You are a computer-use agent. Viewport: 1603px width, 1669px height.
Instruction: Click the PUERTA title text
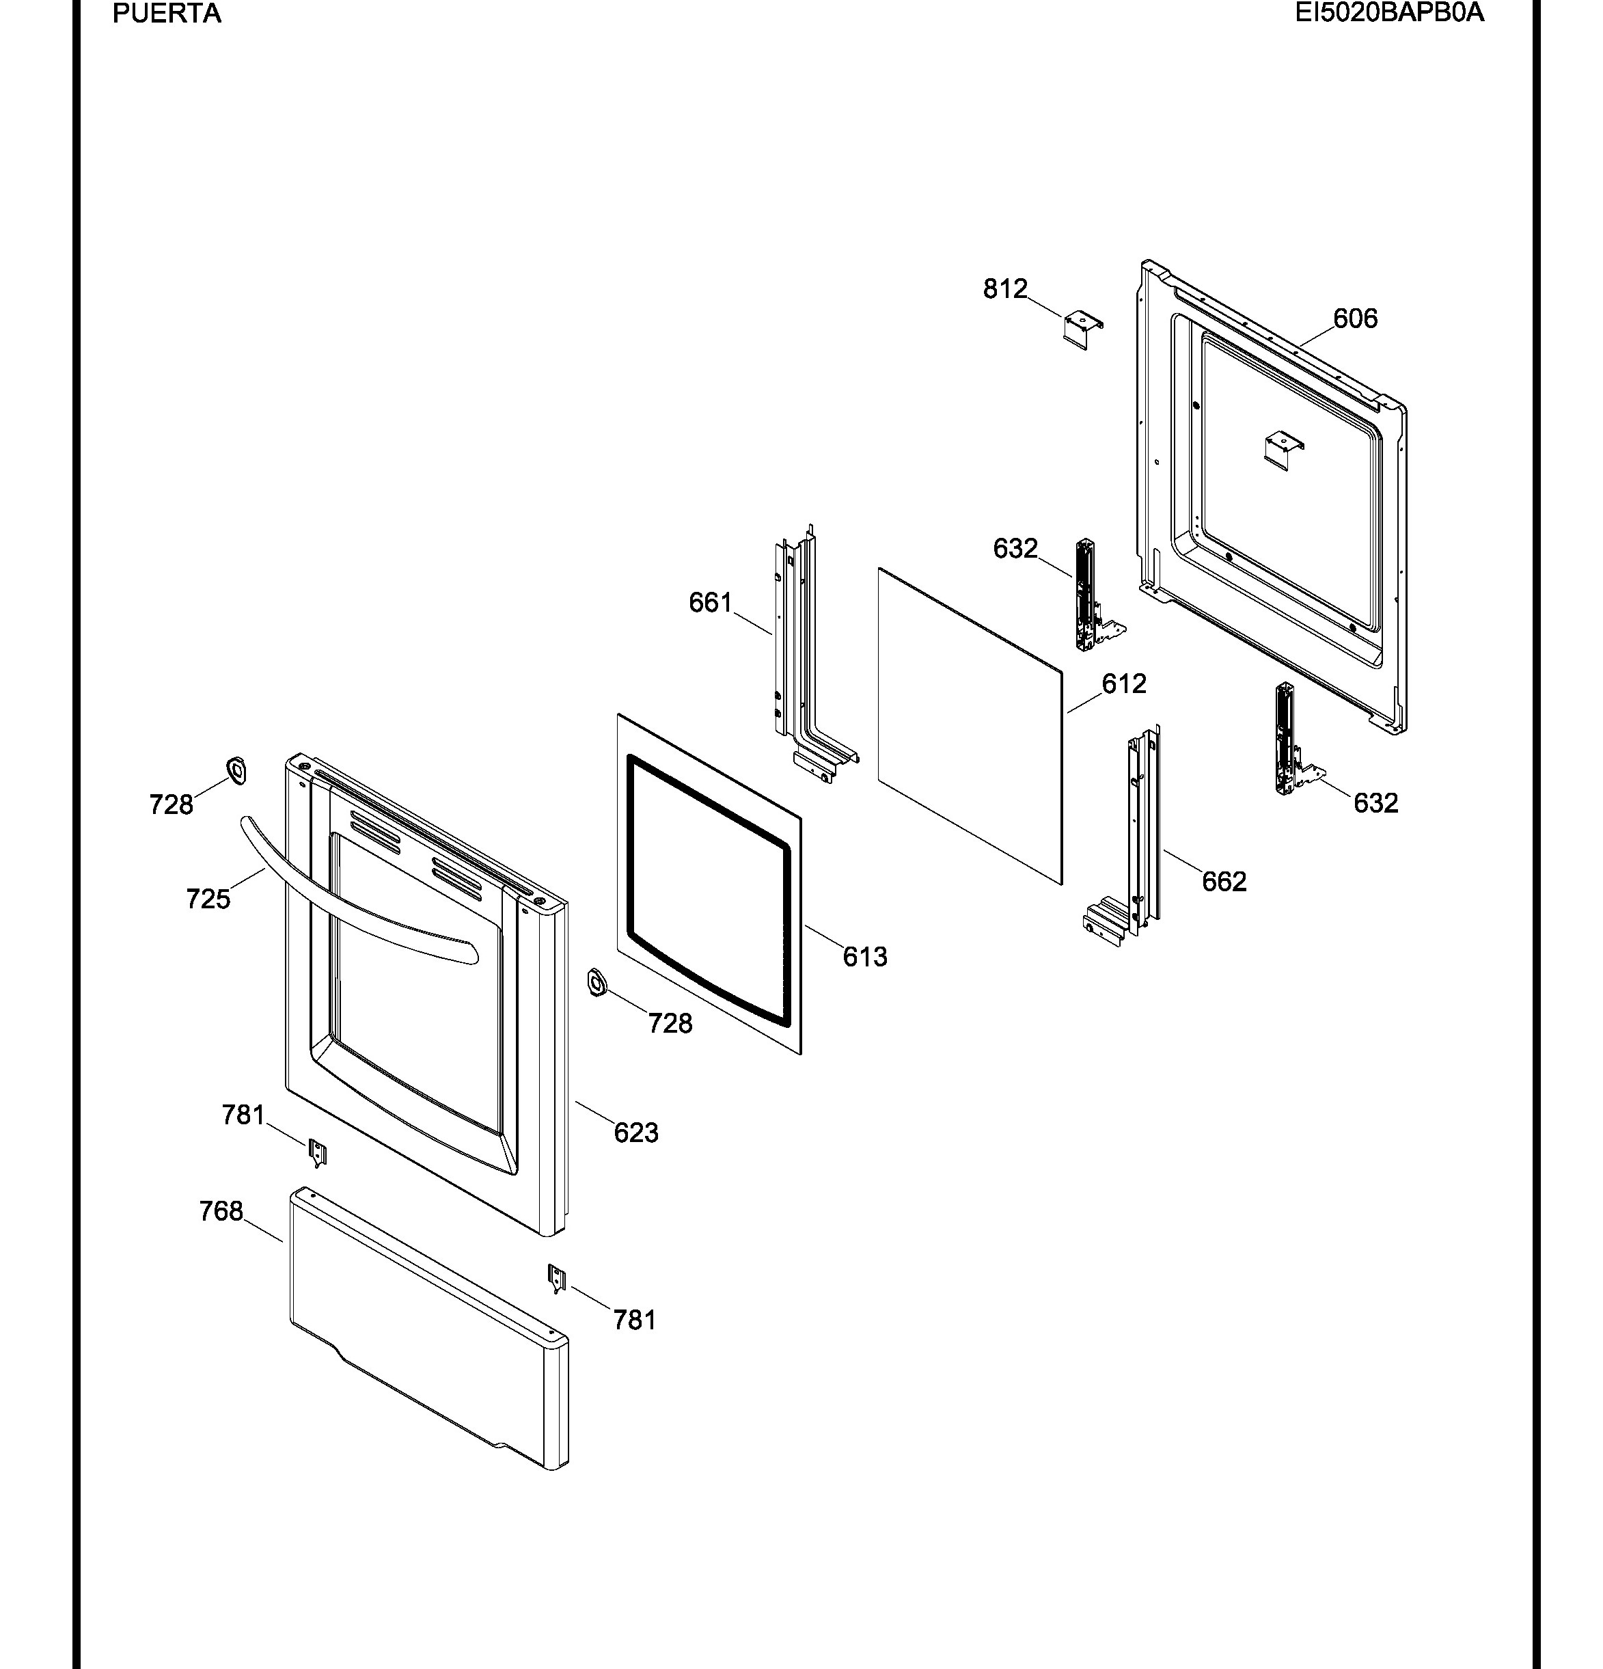[x=167, y=14]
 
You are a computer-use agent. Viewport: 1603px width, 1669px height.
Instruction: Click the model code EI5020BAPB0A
[x=1389, y=13]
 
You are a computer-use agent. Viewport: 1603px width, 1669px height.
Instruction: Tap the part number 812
[x=1005, y=290]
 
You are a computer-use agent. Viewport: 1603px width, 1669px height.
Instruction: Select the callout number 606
[x=1355, y=318]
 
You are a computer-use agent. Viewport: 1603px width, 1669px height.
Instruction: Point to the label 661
[x=711, y=603]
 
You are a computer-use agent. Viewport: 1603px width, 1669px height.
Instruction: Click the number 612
[x=1124, y=683]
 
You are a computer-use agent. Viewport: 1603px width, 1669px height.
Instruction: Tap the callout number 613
[x=865, y=957]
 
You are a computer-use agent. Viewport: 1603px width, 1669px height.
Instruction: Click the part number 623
[x=636, y=1132]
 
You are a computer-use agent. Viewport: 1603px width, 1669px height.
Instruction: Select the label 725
[x=208, y=899]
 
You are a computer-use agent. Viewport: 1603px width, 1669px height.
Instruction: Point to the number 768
[x=221, y=1211]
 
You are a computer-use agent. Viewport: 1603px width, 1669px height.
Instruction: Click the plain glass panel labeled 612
[x=970, y=727]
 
